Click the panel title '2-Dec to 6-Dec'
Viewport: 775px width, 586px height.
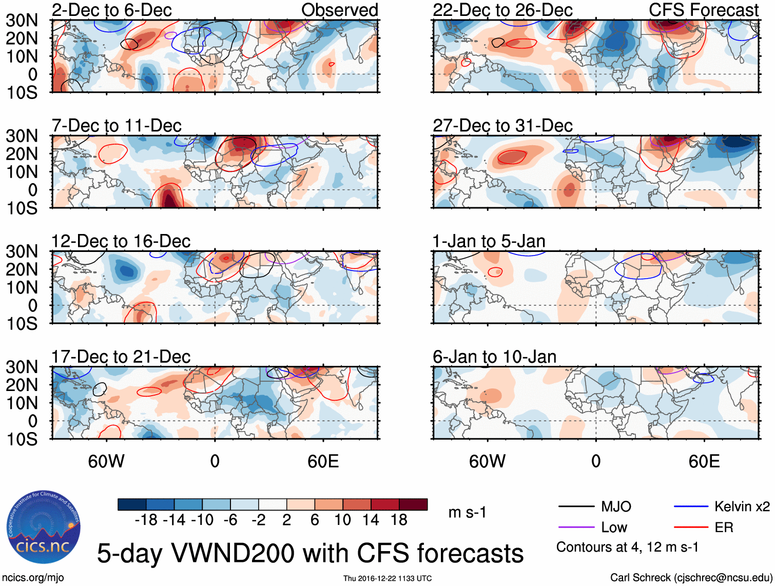pyautogui.click(x=111, y=10)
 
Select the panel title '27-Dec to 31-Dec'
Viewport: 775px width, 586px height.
pyautogui.click(x=502, y=126)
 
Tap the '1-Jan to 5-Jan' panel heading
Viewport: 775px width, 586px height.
pyautogui.click(x=489, y=241)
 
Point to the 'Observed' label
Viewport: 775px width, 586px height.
pyautogui.click(x=339, y=10)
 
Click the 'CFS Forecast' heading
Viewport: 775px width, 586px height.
pyautogui.click(x=704, y=10)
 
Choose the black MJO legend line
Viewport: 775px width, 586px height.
pyautogui.click(x=576, y=507)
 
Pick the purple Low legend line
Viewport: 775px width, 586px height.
pyautogui.click(x=576, y=528)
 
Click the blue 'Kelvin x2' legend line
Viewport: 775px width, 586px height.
pyautogui.click(x=691, y=507)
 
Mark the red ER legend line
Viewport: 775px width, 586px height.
pyautogui.click(x=691, y=528)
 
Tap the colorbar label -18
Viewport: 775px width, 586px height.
pyautogui.click(x=146, y=520)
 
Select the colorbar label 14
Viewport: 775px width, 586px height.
pyautogui.click(x=371, y=520)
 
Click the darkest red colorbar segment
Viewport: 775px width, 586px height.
pyautogui.click(x=413, y=504)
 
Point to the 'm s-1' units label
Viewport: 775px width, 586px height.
pyautogui.click(x=467, y=513)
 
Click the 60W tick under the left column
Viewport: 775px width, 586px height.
pyautogui.click(x=106, y=461)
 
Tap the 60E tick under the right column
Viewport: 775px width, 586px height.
pyautogui.click(x=704, y=461)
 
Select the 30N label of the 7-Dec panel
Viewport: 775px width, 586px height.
pyautogui.click(x=22, y=136)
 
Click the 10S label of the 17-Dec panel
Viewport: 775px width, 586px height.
pyautogui.click(x=22, y=439)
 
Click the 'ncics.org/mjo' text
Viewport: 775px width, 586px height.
pyautogui.click(x=33, y=578)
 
